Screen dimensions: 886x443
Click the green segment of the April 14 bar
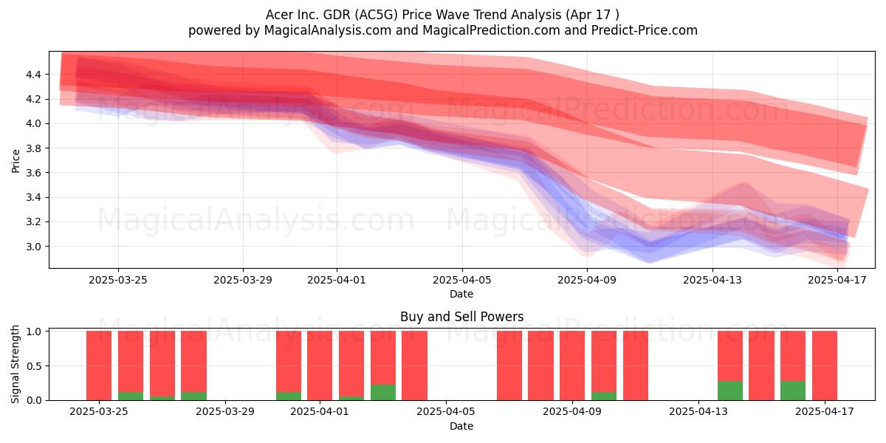(x=730, y=391)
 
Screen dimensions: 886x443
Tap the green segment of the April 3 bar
(x=383, y=392)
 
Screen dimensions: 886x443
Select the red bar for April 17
(x=825, y=365)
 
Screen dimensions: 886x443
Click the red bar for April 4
(x=414, y=365)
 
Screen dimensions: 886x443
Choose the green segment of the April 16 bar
(x=793, y=391)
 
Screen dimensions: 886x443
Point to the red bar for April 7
(x=509, y=365)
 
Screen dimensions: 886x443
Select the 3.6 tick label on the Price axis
(x=33, y=173)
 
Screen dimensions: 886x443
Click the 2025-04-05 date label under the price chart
(x=462, y=280)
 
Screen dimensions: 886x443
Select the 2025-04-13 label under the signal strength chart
(x=698, y=411)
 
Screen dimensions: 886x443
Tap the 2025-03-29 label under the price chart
(x=243, y=280)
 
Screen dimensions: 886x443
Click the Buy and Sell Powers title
(x=462, y=317)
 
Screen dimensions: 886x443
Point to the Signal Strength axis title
(x=15, y=364)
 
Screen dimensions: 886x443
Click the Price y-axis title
(x=16, y=161)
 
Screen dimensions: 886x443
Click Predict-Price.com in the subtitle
(x=645, y=30)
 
